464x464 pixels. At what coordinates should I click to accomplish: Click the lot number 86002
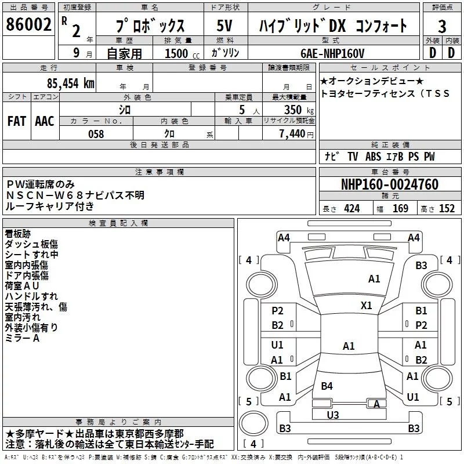tap(28, 25)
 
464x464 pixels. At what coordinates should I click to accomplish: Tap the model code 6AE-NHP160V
tap(332, 53)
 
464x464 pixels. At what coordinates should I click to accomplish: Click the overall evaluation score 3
tap(442, 26)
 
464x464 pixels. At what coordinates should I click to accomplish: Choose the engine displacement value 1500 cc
tap(177, 53)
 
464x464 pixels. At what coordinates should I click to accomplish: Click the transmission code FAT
tap(16, 121)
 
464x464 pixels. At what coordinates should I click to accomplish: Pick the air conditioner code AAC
tap(45, 121)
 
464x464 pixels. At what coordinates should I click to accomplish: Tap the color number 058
tap(96, 134)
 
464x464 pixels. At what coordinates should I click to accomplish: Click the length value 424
tap(351, 209)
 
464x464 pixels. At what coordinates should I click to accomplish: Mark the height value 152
tap(447, 209)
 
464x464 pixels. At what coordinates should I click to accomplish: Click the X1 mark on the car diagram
tap(367, 305)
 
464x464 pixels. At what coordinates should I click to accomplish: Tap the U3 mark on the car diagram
tap(333, 415)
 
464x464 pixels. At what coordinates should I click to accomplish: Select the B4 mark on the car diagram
tap(327, 386)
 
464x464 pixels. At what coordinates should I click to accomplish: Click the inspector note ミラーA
tap(22, 338)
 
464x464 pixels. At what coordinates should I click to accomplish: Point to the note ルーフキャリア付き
tap(49, 206)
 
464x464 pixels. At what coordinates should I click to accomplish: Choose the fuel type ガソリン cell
tap(226, 53)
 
